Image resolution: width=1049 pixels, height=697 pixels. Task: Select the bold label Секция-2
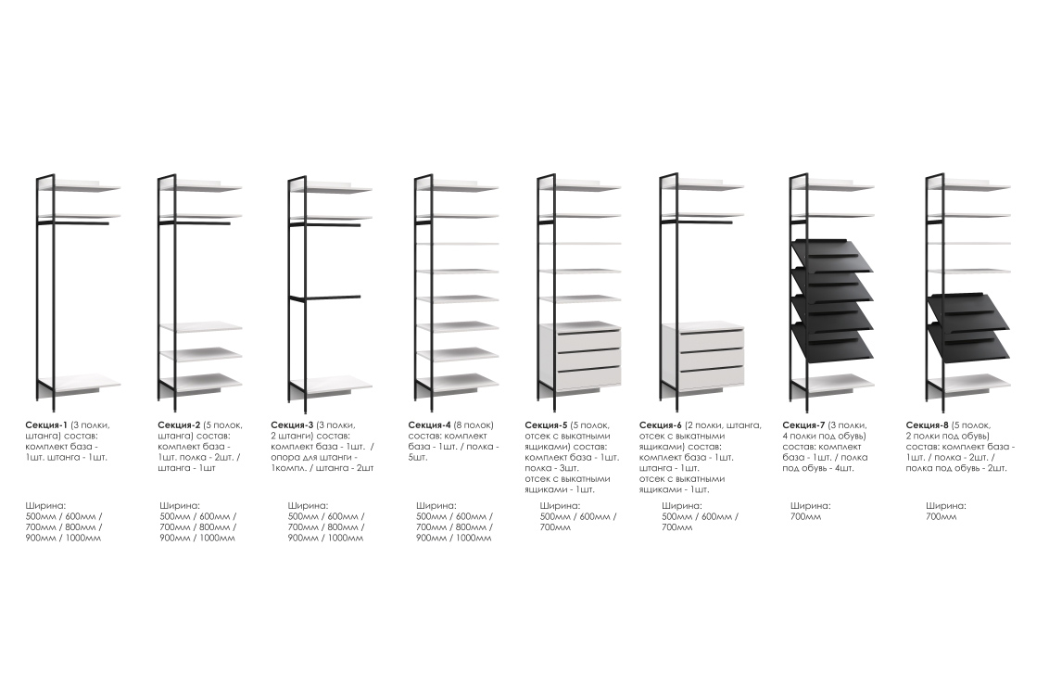pos(179,425)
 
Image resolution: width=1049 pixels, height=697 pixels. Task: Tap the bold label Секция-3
pos(292,425)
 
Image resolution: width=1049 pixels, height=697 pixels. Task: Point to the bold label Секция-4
pos(429,425)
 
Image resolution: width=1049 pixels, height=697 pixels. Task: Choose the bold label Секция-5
pos(546,425)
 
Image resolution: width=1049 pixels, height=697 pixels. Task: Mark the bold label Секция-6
pos(661,425)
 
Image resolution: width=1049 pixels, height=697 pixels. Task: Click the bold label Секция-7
pos(803,425)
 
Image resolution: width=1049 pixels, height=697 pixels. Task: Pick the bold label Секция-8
pos(928,425)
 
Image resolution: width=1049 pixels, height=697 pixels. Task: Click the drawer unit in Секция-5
pos(579,357)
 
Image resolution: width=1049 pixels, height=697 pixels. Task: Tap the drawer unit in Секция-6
pos(702,357)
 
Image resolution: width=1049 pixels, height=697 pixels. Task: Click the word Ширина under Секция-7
pos(810,506)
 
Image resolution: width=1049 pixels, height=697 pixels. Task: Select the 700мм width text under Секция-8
pos(942,516)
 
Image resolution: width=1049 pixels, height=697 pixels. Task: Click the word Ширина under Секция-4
pos(436,506)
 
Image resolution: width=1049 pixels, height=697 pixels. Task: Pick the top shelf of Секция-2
pos(201,186)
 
